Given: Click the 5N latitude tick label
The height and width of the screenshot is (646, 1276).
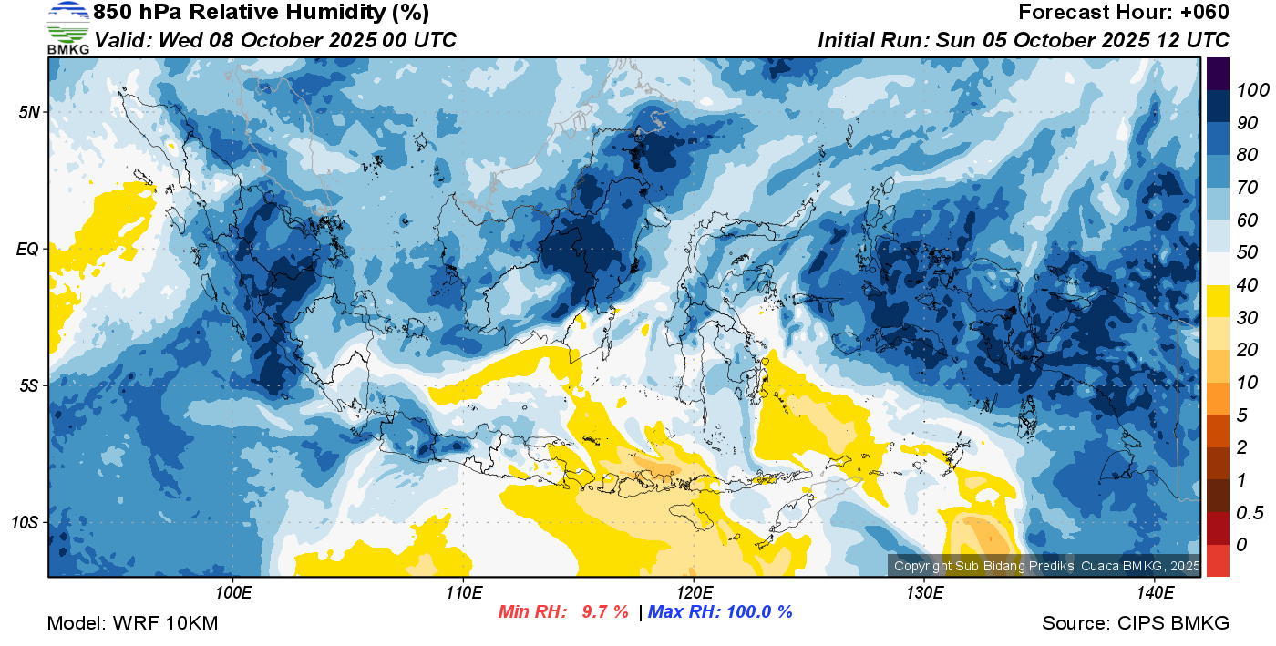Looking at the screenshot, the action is tap(29, 112).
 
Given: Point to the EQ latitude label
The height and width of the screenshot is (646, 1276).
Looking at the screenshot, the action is tap(28, 249).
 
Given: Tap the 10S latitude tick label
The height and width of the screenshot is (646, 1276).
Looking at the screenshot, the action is tap(26, 522).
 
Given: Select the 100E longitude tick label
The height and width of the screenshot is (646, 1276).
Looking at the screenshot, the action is tap(233, 593).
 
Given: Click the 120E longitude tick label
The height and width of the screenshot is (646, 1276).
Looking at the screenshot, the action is tap(694, 593).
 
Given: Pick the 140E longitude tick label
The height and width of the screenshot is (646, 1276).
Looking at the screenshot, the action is tap(1155, 593).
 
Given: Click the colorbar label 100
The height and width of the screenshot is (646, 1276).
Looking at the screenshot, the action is tap(1252, 90).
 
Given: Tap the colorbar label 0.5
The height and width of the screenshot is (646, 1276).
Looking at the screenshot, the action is tap(1250, 513).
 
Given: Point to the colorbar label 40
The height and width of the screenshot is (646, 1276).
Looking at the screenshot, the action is tap(1247, 285).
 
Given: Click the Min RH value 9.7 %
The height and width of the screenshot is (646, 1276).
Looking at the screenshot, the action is tap(605, 611).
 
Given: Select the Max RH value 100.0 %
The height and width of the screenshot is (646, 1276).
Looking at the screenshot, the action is tap(760, 611).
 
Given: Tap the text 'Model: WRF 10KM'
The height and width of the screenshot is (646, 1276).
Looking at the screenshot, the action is tap(132, 623).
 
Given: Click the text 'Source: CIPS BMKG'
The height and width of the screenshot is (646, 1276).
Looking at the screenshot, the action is tap(1136, 623).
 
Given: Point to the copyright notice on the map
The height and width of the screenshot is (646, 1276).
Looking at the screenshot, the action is tap(1047, 566).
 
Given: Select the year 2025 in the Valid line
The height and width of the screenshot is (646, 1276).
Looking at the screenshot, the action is tap(353, 40).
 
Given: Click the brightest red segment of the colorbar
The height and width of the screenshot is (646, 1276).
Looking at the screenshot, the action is tap(1218, 560).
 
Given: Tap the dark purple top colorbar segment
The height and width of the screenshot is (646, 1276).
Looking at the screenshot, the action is tap(1218, 74).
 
